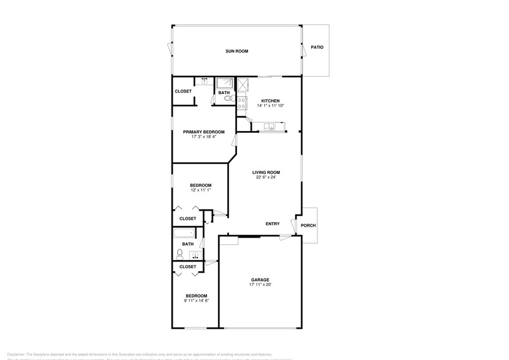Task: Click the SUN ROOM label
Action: coord(236,51)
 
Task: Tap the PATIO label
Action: coord(317,47)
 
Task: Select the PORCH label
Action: coord(308,225)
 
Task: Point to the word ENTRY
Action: coord(273,224)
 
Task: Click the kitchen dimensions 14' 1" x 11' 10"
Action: coord(270,106)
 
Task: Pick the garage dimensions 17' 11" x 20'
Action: coord(259,285)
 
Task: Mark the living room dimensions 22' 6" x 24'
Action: coord(266,178)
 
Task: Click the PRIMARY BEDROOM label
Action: coord(203,132)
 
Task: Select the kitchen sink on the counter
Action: coord(270,127)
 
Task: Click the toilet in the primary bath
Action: coord(227,98)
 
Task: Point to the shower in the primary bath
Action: coord(224,83)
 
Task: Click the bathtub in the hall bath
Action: coord(184,232)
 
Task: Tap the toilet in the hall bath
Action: coord(181,252)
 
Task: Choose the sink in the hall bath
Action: coord(195,255)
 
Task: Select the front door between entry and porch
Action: coord(296,225)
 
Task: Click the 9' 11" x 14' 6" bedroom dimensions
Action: coord(197,301)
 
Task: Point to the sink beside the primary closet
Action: coord(205,80)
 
